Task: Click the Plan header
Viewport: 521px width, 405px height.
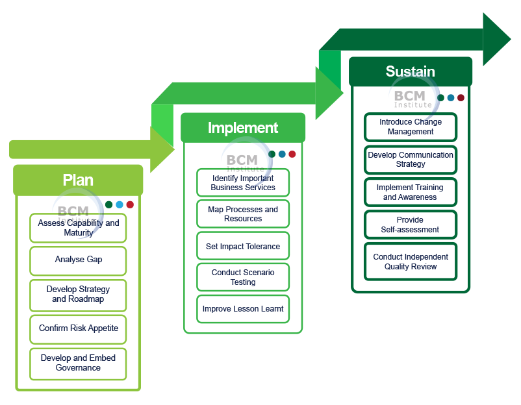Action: (78, 180)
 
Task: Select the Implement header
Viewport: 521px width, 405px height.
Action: (243, 128)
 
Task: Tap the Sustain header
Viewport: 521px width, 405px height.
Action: (410, 71)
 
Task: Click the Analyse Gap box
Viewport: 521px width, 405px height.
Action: (78, 260)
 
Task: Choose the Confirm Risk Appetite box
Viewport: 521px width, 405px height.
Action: (78, 328)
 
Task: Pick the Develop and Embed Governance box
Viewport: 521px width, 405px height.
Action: (78, 363)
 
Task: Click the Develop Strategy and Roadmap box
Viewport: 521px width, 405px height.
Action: (78, 294)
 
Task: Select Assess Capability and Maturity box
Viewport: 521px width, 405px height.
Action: (78, 228)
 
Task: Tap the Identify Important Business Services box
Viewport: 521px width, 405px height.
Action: (243, 183)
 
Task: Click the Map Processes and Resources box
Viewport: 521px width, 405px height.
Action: (243, 214)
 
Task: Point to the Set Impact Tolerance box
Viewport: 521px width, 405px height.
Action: (243, 247)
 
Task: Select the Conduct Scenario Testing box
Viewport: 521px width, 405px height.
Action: (243, 277)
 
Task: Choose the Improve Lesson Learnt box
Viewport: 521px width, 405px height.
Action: (243, 309)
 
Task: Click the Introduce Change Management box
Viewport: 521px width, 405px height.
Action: (411, 127)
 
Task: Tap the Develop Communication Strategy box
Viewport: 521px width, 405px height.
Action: (411, 160)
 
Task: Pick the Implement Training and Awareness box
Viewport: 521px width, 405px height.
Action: (411, 192)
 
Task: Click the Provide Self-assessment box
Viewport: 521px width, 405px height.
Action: (411, 225)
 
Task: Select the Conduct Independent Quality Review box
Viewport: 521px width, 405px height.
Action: (411, 262)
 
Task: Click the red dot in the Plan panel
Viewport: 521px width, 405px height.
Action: (130, 204)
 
